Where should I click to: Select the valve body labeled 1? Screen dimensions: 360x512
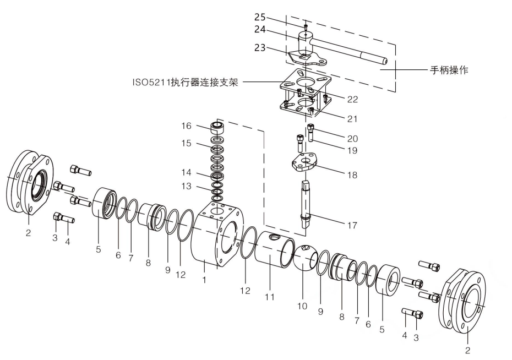click(215, 237)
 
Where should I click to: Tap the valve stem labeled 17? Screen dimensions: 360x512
click(307, 201)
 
